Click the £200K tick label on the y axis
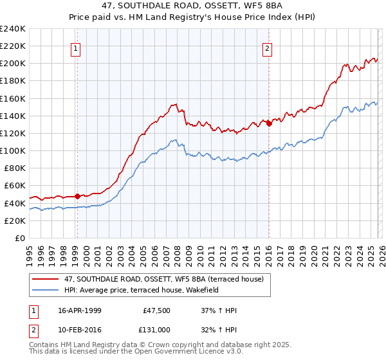point(13,64)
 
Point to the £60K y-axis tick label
point(15,186)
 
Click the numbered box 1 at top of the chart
point(76,48)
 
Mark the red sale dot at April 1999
point(77,196)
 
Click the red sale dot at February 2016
point(268,124)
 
